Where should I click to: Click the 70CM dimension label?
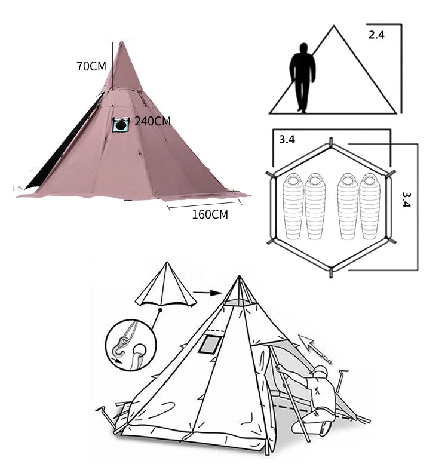click(91, 66)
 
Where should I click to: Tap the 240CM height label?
click(152, 121)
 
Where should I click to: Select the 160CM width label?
click(210, 214)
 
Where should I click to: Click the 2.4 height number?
click(376, 35)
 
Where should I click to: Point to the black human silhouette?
click(302, 78)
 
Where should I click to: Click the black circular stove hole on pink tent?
click(120, 125)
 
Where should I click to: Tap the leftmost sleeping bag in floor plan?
click(293, 207)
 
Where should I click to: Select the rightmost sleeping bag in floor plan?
click(370, 207)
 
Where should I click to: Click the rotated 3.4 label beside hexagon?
click(407, 199)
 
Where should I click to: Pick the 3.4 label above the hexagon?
click(287, 139)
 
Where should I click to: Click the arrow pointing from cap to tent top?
click(208, 293)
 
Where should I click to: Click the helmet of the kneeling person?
click(319, 371)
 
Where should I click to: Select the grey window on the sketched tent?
click(210, 345)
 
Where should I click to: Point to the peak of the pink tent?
click(122, 41)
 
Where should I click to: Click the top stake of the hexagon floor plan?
click(331, 142)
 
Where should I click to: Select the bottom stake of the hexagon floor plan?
click(331, 273)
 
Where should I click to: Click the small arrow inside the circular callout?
click(118, 361)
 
